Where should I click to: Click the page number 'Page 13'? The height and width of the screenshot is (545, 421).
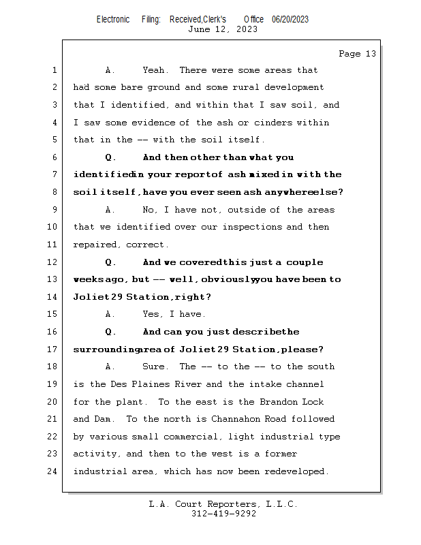(x=357, y=54)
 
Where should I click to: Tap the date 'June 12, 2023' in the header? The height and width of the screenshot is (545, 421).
(x=223, y=29)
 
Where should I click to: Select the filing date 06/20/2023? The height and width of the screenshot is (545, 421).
(x=290, y=19)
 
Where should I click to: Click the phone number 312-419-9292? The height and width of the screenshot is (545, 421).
(x=223, y=514)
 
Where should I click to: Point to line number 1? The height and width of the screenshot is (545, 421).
(x=54, y=70)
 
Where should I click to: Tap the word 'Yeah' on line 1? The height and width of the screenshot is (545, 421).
(x=155, y=70)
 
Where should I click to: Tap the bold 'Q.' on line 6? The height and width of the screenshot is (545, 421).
(x=111, y=157)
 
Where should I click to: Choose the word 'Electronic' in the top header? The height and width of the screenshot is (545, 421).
(x=113, y=19)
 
